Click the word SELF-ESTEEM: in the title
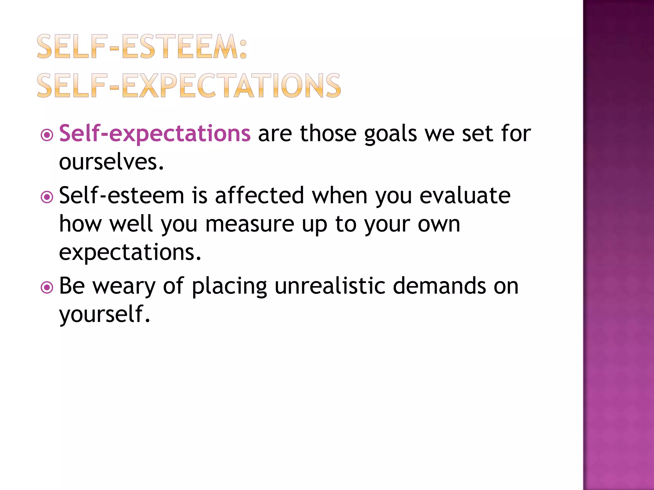tap(142, 47)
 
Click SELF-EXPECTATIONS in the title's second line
tap(189, 85)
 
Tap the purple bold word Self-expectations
tap(155, 133)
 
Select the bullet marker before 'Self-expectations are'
tap(47, 135)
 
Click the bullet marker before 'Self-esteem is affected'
tap(47, 197)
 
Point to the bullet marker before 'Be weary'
tap(47, 287)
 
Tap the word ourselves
tap(111, 162)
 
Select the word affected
tap(259, 195)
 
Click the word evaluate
tap(465, 195)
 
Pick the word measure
tap(249, 224)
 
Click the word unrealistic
tap(330, 286)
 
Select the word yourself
tap(104, 314)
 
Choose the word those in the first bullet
tap(328, 133)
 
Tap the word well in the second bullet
tap(131, 224)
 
